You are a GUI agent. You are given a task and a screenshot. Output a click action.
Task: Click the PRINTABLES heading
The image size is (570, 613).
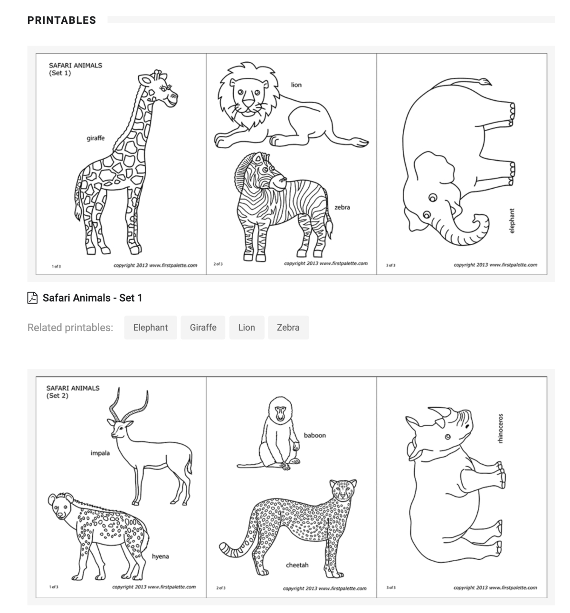coord(62,20)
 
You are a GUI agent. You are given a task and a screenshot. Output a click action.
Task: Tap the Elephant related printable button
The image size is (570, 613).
coord(150,327)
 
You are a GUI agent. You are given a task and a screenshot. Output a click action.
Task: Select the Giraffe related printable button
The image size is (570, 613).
coord(203,327)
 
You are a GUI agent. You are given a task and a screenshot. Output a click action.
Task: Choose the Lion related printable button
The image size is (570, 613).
coord(247,327)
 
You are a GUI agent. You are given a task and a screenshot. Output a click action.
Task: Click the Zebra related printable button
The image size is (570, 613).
coord(288,327)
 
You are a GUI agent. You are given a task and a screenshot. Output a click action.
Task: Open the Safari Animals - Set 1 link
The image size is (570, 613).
coord(92,298)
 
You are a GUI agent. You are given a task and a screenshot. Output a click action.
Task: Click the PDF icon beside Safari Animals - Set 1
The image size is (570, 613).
coord(32,298)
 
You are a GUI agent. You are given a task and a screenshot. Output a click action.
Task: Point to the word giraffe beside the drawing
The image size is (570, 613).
coord(95,138)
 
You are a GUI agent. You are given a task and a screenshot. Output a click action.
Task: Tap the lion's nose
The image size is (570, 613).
coord(248,102)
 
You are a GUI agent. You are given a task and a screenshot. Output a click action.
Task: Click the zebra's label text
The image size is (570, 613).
coord(342,207)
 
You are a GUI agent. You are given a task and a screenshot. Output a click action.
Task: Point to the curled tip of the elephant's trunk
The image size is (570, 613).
coord(477,219)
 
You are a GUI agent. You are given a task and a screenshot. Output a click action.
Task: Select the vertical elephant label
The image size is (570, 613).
coord(512,221)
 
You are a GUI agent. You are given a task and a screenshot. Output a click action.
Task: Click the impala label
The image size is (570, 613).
coord(100,453)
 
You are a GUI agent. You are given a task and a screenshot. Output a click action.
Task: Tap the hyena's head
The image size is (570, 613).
coord(60,506)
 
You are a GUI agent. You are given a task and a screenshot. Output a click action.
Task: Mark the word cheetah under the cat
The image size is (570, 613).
coord(297,565)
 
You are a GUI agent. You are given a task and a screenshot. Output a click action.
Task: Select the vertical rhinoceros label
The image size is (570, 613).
coord(500,429)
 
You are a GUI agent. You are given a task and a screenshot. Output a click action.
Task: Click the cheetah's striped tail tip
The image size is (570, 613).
coord(224,548)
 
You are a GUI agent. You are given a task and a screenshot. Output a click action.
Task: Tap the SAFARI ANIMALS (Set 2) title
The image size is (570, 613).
coord(73,392)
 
